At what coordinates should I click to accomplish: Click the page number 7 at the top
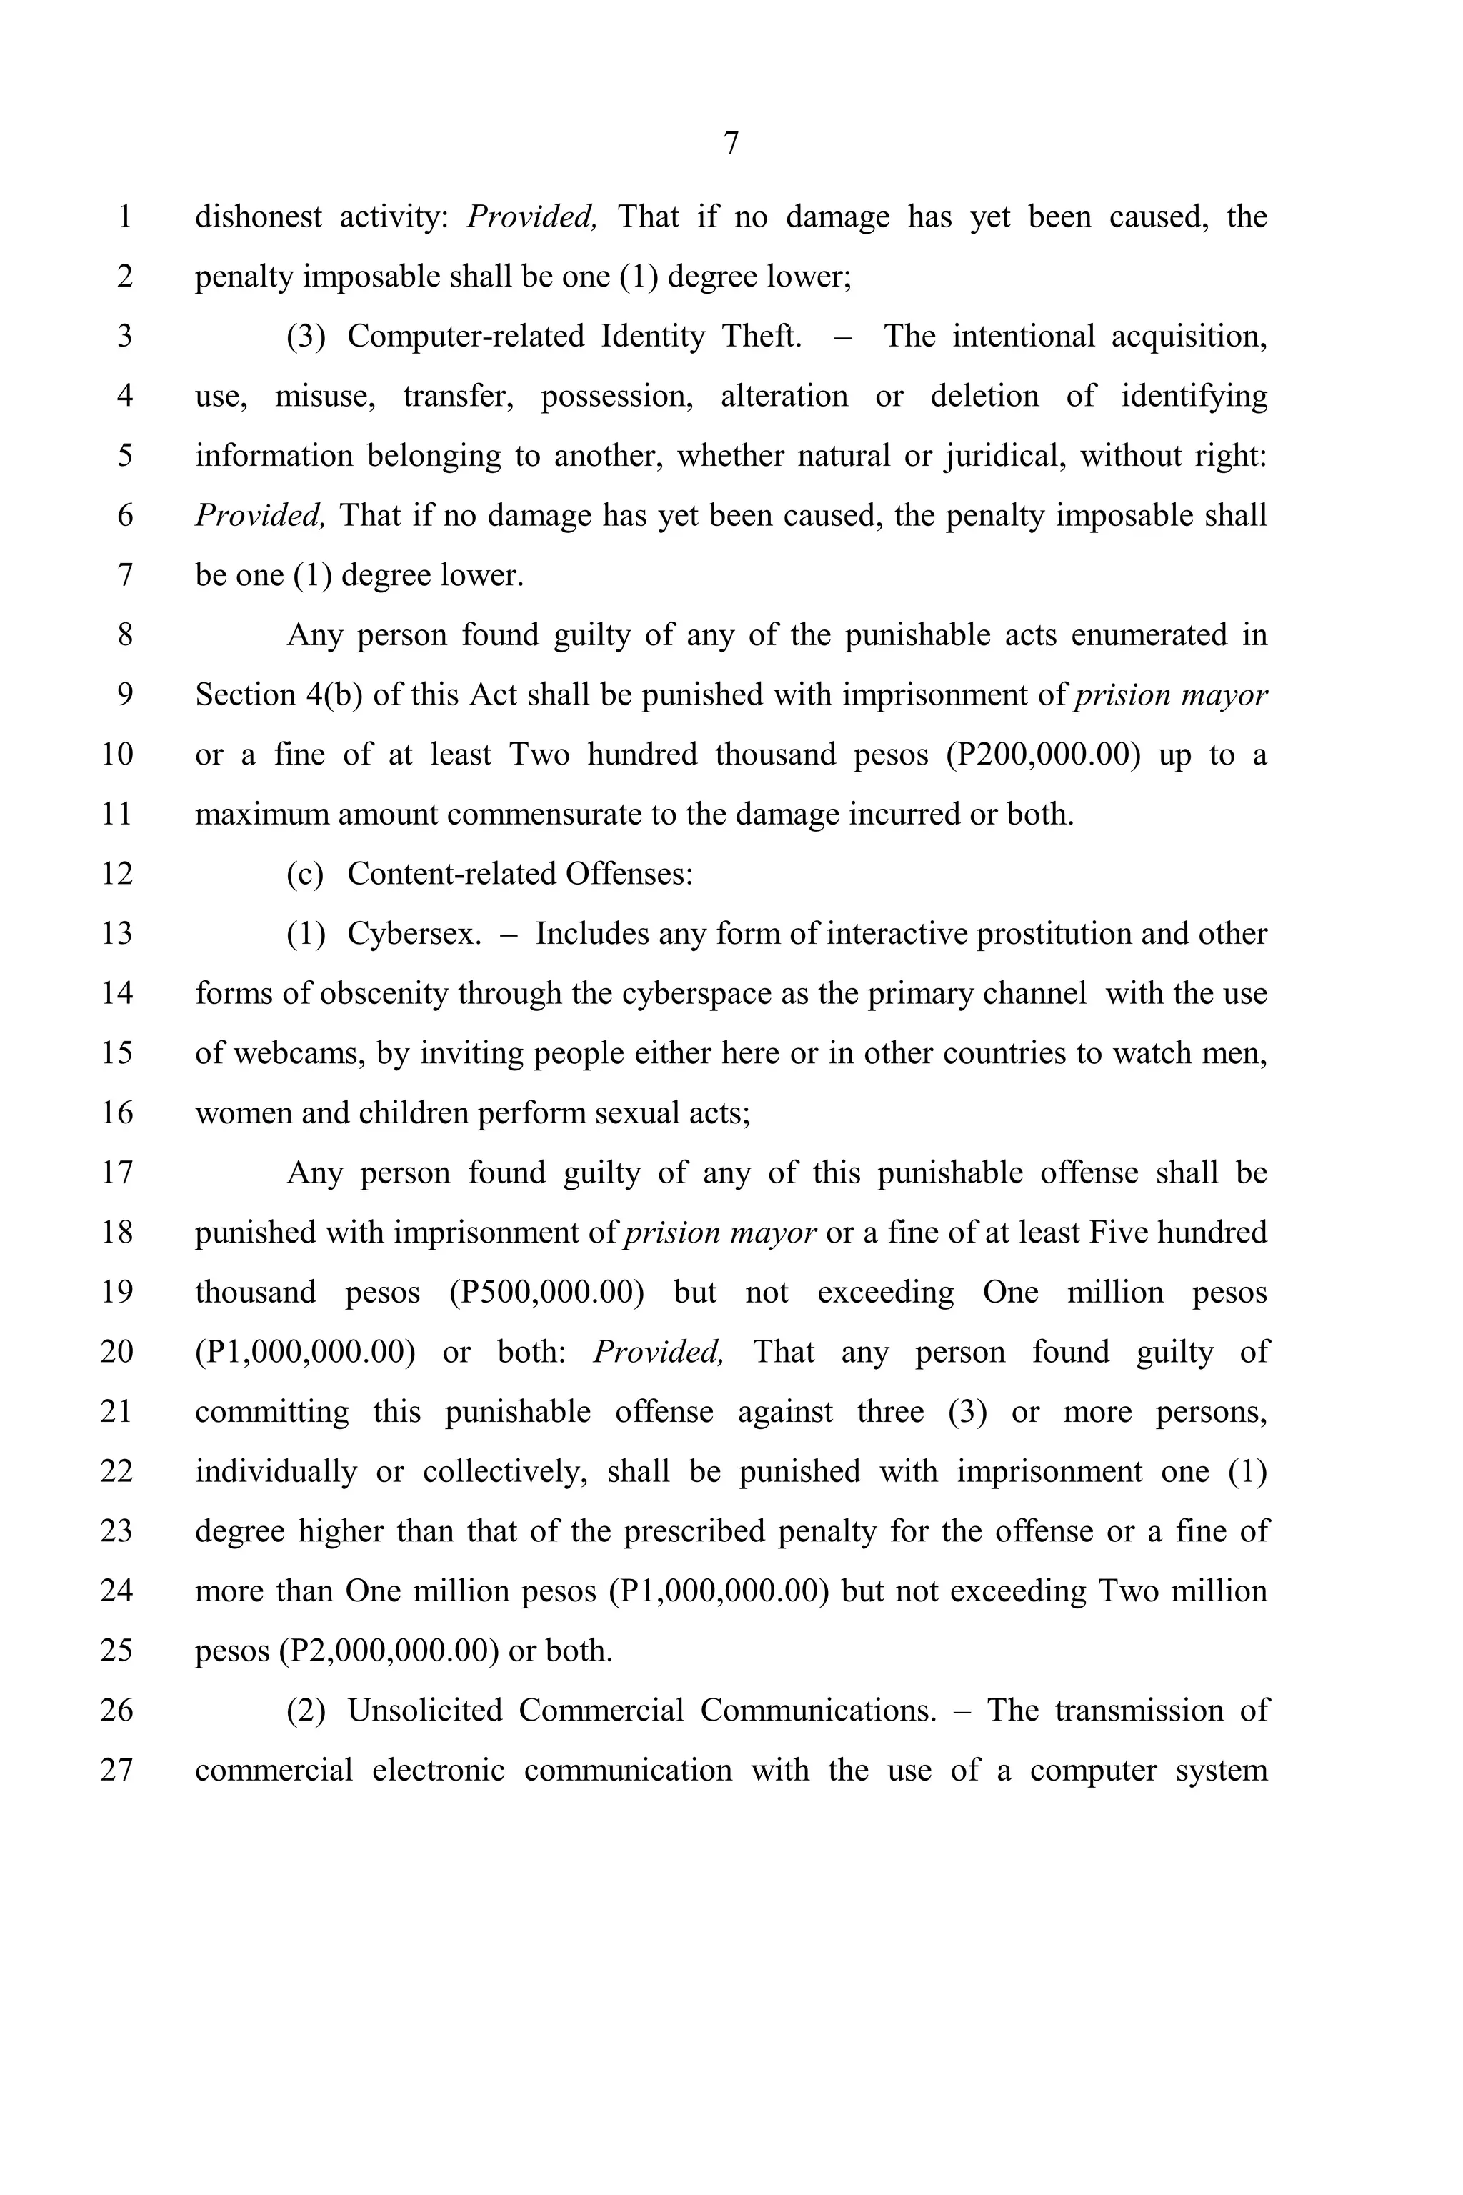click(731, 144)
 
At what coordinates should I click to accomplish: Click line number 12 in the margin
click(116, 875)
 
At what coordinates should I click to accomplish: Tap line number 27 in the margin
click(116, 1771)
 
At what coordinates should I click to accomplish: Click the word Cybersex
click(414, 934)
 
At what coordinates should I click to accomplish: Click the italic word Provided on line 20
click(658, 1353)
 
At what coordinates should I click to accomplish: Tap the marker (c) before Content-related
click(305, 875)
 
